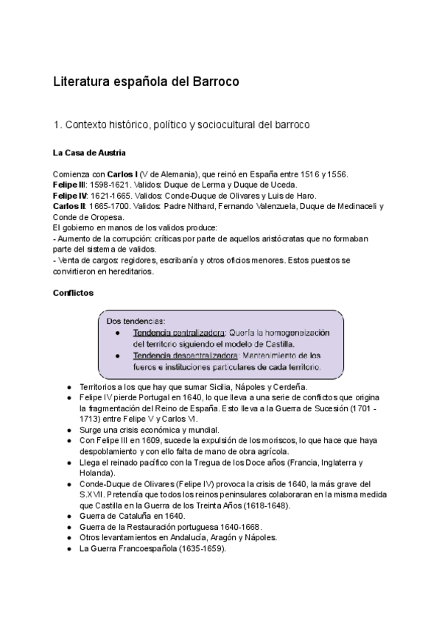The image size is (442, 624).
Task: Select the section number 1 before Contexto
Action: tap(56, 125)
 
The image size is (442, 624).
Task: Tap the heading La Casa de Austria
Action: tap(89, 153)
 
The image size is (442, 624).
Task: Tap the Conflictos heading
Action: tap(73, 292)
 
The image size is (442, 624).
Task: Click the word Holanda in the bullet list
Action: tap(97, 473)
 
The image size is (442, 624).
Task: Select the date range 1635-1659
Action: tap(199, 548)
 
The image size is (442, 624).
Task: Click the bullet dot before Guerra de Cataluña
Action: tap(69, 516)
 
